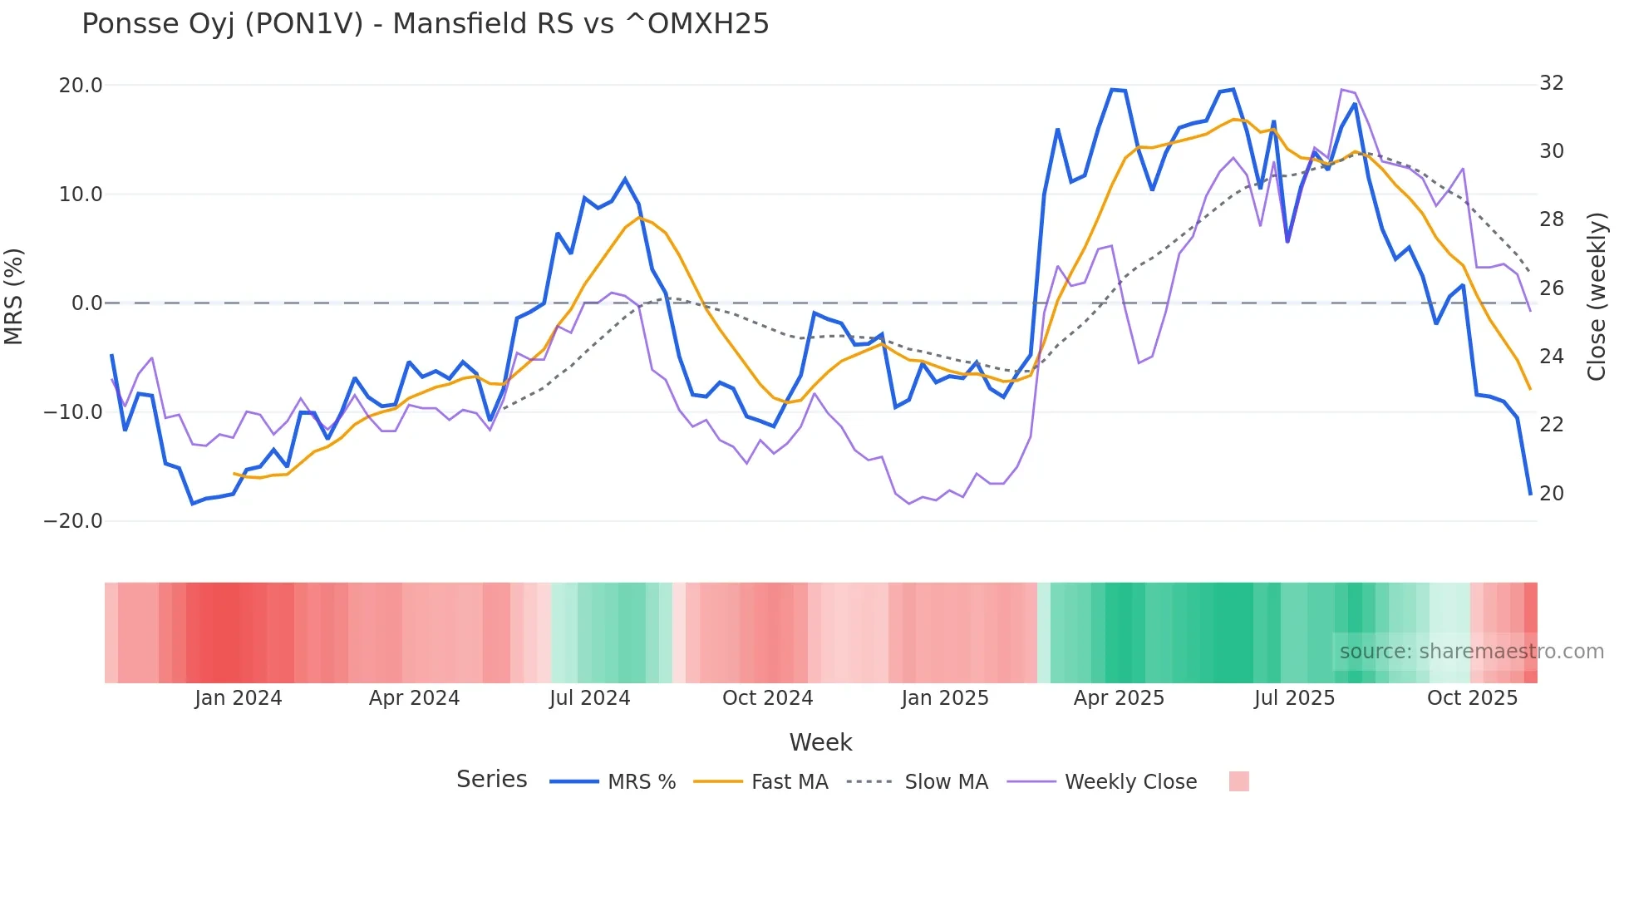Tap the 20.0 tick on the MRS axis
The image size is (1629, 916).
(81, 86)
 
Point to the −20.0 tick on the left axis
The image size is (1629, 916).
(73, 521)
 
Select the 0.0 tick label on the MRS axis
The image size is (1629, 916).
(86, 303)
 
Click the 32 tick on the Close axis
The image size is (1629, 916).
(1552, 83)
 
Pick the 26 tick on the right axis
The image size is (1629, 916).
(1552, 288)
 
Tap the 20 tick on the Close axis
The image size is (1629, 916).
(1552, 494)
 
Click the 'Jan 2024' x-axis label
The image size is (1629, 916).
(239, 698)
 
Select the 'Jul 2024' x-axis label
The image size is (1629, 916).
(590, 698)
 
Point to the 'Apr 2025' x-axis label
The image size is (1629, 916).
(1119, 698)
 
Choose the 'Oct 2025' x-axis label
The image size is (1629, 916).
(1472, 698)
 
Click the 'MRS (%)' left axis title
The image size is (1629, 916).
(14, 296)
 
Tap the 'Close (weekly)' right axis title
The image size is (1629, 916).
(1597, 297)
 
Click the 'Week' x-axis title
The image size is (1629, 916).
(820, 742)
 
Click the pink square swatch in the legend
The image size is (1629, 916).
(1238, 781)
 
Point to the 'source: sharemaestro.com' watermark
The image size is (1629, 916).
(1471, 652)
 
